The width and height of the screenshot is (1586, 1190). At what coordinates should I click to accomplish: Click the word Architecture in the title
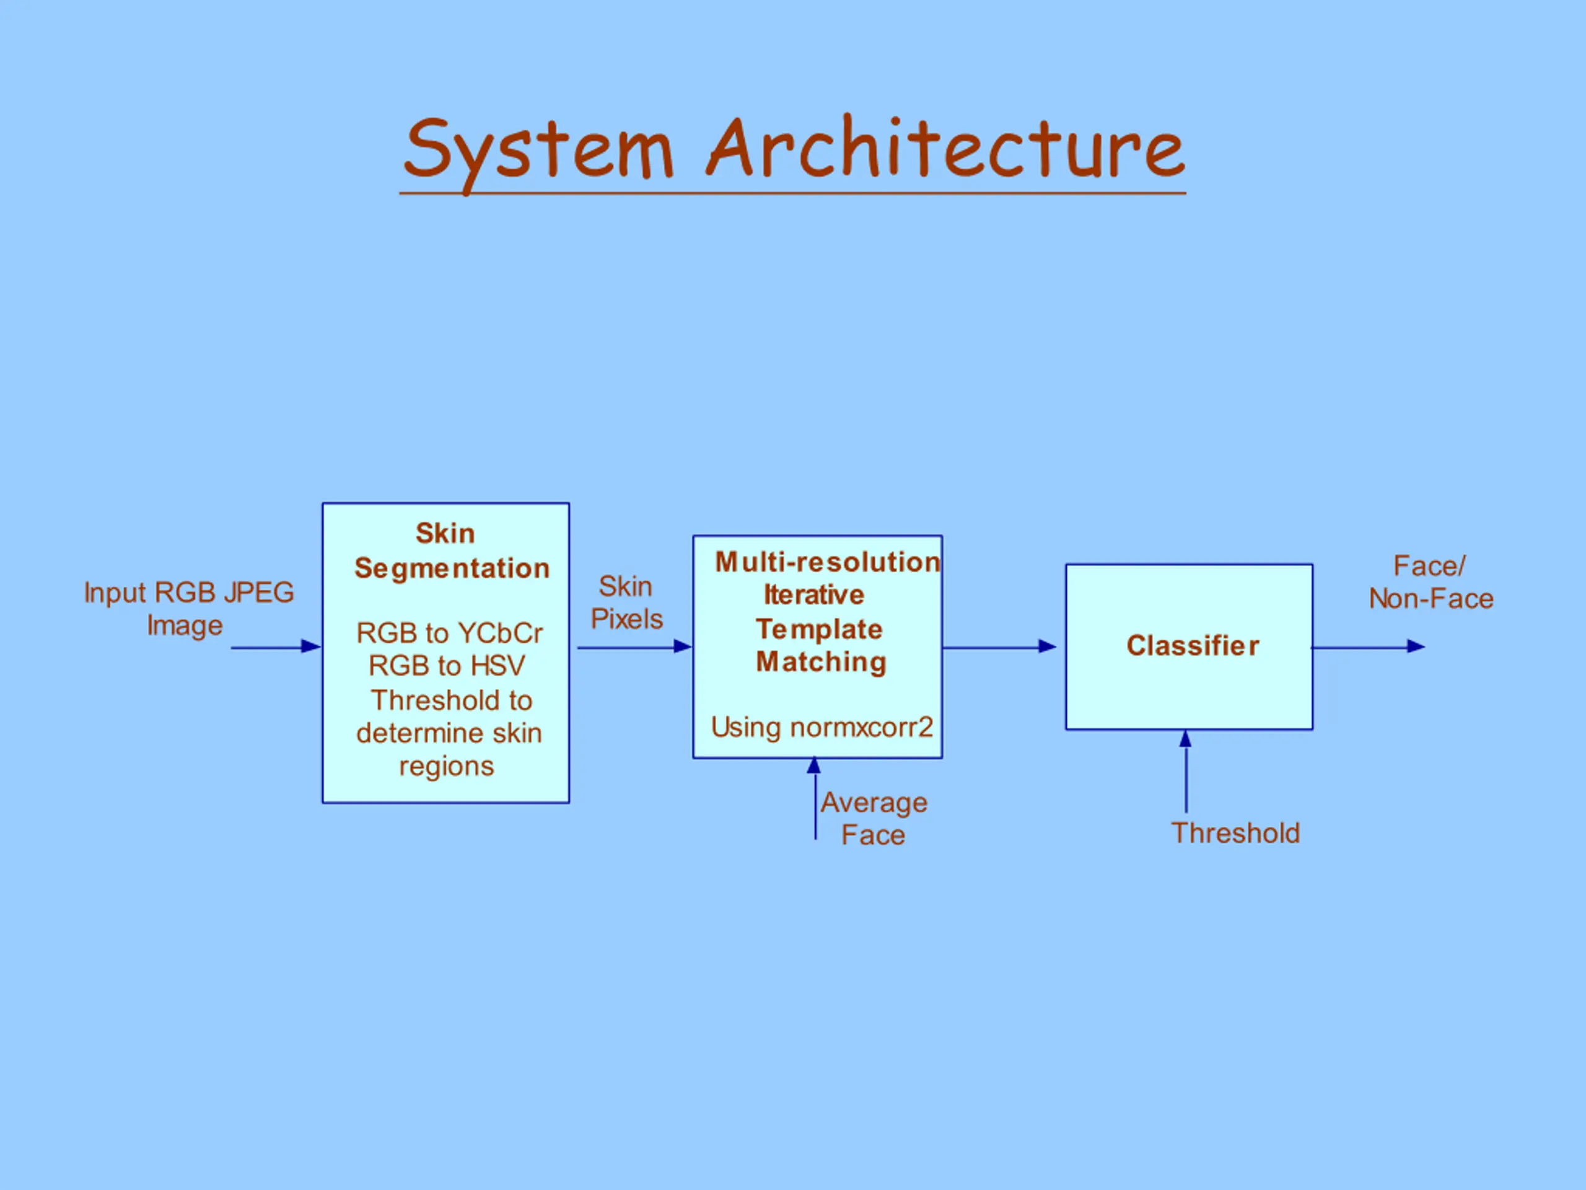[x=945, y=146]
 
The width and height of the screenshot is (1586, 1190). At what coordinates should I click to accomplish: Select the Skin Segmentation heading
[x=452, y=550]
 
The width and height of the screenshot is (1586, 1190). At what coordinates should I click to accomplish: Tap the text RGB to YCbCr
[x=450, y=633]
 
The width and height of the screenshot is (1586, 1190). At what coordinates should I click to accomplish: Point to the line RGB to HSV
[x=447, y=666]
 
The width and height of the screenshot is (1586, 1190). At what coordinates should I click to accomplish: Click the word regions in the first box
[x=447, y=767]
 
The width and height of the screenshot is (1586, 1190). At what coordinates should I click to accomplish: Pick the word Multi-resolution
[x=828, y=562]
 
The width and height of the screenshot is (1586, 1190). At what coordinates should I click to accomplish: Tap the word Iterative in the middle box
[x=814, y=594]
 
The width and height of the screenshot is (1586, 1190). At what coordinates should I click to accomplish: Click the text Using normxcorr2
[x=821, y=728]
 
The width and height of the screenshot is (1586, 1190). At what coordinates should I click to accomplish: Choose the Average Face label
[x=874, y=819]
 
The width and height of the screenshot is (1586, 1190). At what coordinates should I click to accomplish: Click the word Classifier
[x=1193, y=646]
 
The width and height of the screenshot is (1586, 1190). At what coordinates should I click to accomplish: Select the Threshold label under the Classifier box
[x=1235, y=834]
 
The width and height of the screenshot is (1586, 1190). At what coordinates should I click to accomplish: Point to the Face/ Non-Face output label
[x=1431, y=583]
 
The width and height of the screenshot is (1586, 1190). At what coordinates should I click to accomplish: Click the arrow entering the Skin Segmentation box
[x=276, y=647]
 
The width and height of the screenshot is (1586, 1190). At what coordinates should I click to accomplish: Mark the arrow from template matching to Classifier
[x=999, y=647]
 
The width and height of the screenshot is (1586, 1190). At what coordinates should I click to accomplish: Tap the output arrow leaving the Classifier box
[x=1369, y=647]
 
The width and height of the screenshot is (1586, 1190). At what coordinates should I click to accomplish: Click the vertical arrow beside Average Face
[x=815, y=798]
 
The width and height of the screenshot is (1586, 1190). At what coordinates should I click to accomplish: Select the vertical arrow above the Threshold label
[x=1186, y=772]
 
